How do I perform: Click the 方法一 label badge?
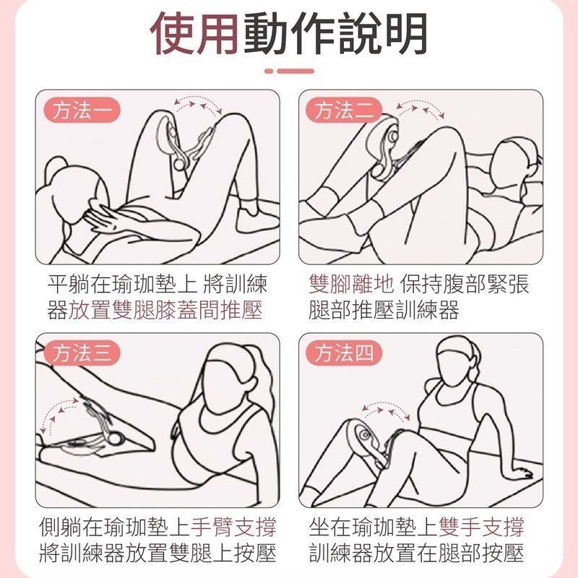(x=82, y=111)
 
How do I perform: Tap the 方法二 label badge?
(x=344, y=111)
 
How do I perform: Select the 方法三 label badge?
(x=82, y=353)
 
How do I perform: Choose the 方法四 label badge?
(x=344, y=353)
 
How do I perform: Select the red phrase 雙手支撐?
(x=481, y=527)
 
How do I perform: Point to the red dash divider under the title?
(x=289, y=71)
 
